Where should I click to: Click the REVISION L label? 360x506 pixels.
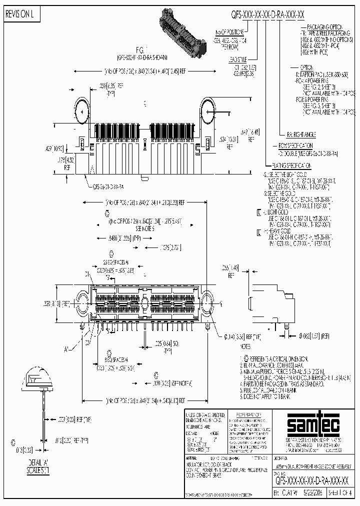pyautogui.click(x=19, y=15)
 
